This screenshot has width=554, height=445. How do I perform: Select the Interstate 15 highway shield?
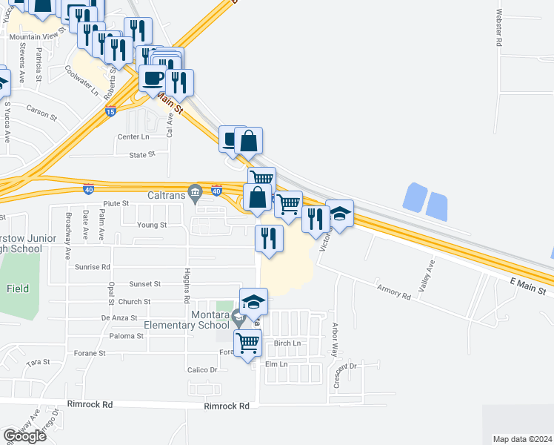(x=110, y=111)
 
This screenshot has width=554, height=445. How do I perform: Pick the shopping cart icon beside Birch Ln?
(x=247, y=343)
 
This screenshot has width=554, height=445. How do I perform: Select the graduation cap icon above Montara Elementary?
(x=253, y=301)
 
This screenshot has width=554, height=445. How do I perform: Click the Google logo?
(x=24, y=436)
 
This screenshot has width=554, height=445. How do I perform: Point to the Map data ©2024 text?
(x=522, y=439)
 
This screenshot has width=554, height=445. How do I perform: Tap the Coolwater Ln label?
(x=81, y=81)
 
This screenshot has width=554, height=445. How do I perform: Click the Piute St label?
(x=116, y=202)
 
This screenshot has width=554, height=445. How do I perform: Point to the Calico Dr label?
(x=202, y=369)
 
